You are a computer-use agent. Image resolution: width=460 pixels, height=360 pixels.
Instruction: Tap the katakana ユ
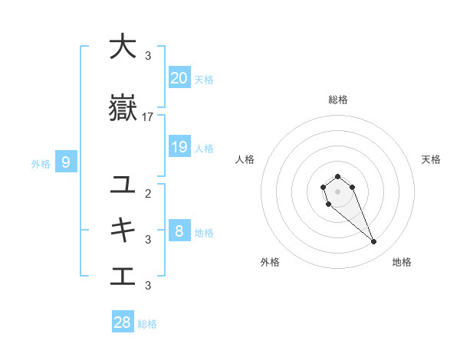122,185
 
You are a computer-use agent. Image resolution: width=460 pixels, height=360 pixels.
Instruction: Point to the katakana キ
122,230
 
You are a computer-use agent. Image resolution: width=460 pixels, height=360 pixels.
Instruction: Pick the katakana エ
122,276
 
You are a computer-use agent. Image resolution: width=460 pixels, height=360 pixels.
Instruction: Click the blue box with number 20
179,77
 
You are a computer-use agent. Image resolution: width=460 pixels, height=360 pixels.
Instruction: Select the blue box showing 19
179,147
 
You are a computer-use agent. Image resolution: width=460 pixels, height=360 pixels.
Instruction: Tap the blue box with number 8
179,231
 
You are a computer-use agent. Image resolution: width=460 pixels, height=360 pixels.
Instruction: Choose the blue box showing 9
66,162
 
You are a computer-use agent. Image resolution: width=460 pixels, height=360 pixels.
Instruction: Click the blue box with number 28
123,322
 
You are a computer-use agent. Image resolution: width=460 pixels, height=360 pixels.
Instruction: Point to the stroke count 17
148,117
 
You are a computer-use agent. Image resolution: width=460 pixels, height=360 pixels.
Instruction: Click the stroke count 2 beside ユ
148,193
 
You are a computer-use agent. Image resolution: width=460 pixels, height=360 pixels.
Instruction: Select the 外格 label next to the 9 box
41,163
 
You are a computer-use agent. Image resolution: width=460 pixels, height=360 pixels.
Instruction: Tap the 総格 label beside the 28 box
147,324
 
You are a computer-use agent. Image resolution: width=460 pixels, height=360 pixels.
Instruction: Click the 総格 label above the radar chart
337,100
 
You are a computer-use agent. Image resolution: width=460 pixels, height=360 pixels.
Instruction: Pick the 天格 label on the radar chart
431,159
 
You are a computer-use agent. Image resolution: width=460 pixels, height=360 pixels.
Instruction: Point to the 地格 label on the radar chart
402,262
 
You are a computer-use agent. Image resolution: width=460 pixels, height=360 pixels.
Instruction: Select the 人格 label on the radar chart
245,159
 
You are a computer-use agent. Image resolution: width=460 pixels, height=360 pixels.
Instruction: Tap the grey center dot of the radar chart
337,191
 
